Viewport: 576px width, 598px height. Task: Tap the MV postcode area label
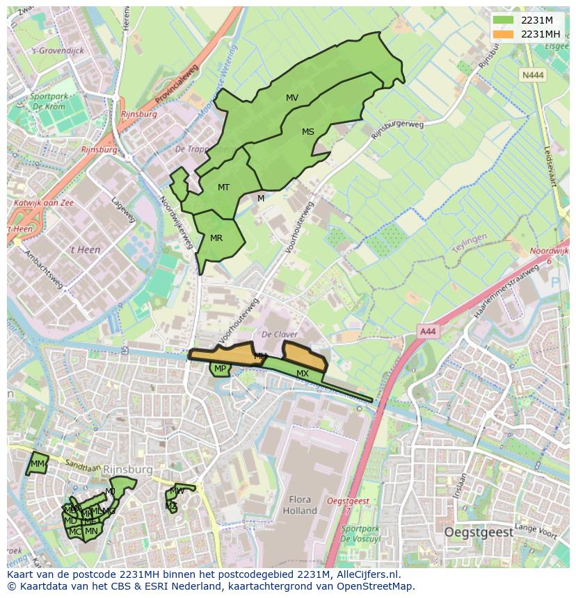click(x=292, y=98)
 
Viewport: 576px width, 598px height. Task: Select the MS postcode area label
click(x=308, y=131)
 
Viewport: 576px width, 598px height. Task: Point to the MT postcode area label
click(x=223, y=188)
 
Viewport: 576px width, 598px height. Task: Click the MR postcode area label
click(x=216, y=238)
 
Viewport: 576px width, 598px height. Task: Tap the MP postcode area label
click(x=220, y=369)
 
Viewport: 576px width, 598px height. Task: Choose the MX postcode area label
click(x=303, y=374)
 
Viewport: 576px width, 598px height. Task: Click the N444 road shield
click(x=533, y=74)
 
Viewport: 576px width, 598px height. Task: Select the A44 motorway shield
click(x=427, y=332)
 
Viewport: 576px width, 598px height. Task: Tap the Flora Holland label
click(x=300, y=505)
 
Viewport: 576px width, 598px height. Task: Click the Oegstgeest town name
click(x=479, y=532)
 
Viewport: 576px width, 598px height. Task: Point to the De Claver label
click(x=280, y=334)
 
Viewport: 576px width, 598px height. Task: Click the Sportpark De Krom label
click(x=48, y=102)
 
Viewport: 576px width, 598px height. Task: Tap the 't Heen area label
click(x=85, y=249)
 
